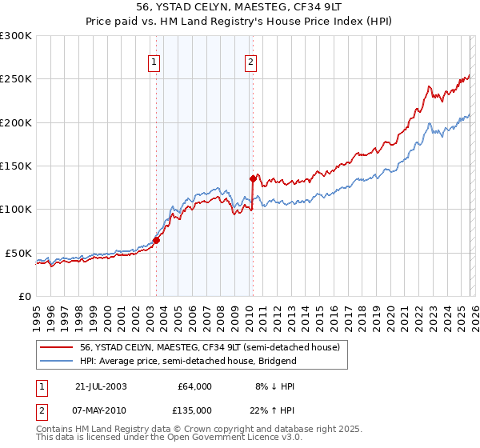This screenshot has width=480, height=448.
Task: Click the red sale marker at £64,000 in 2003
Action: tap(157, 240)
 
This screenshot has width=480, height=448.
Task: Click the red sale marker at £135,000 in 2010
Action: tap(253, 178)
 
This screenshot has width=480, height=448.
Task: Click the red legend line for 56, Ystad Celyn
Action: tap(57, 347)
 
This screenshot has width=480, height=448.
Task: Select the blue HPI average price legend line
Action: tap(57, 361)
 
